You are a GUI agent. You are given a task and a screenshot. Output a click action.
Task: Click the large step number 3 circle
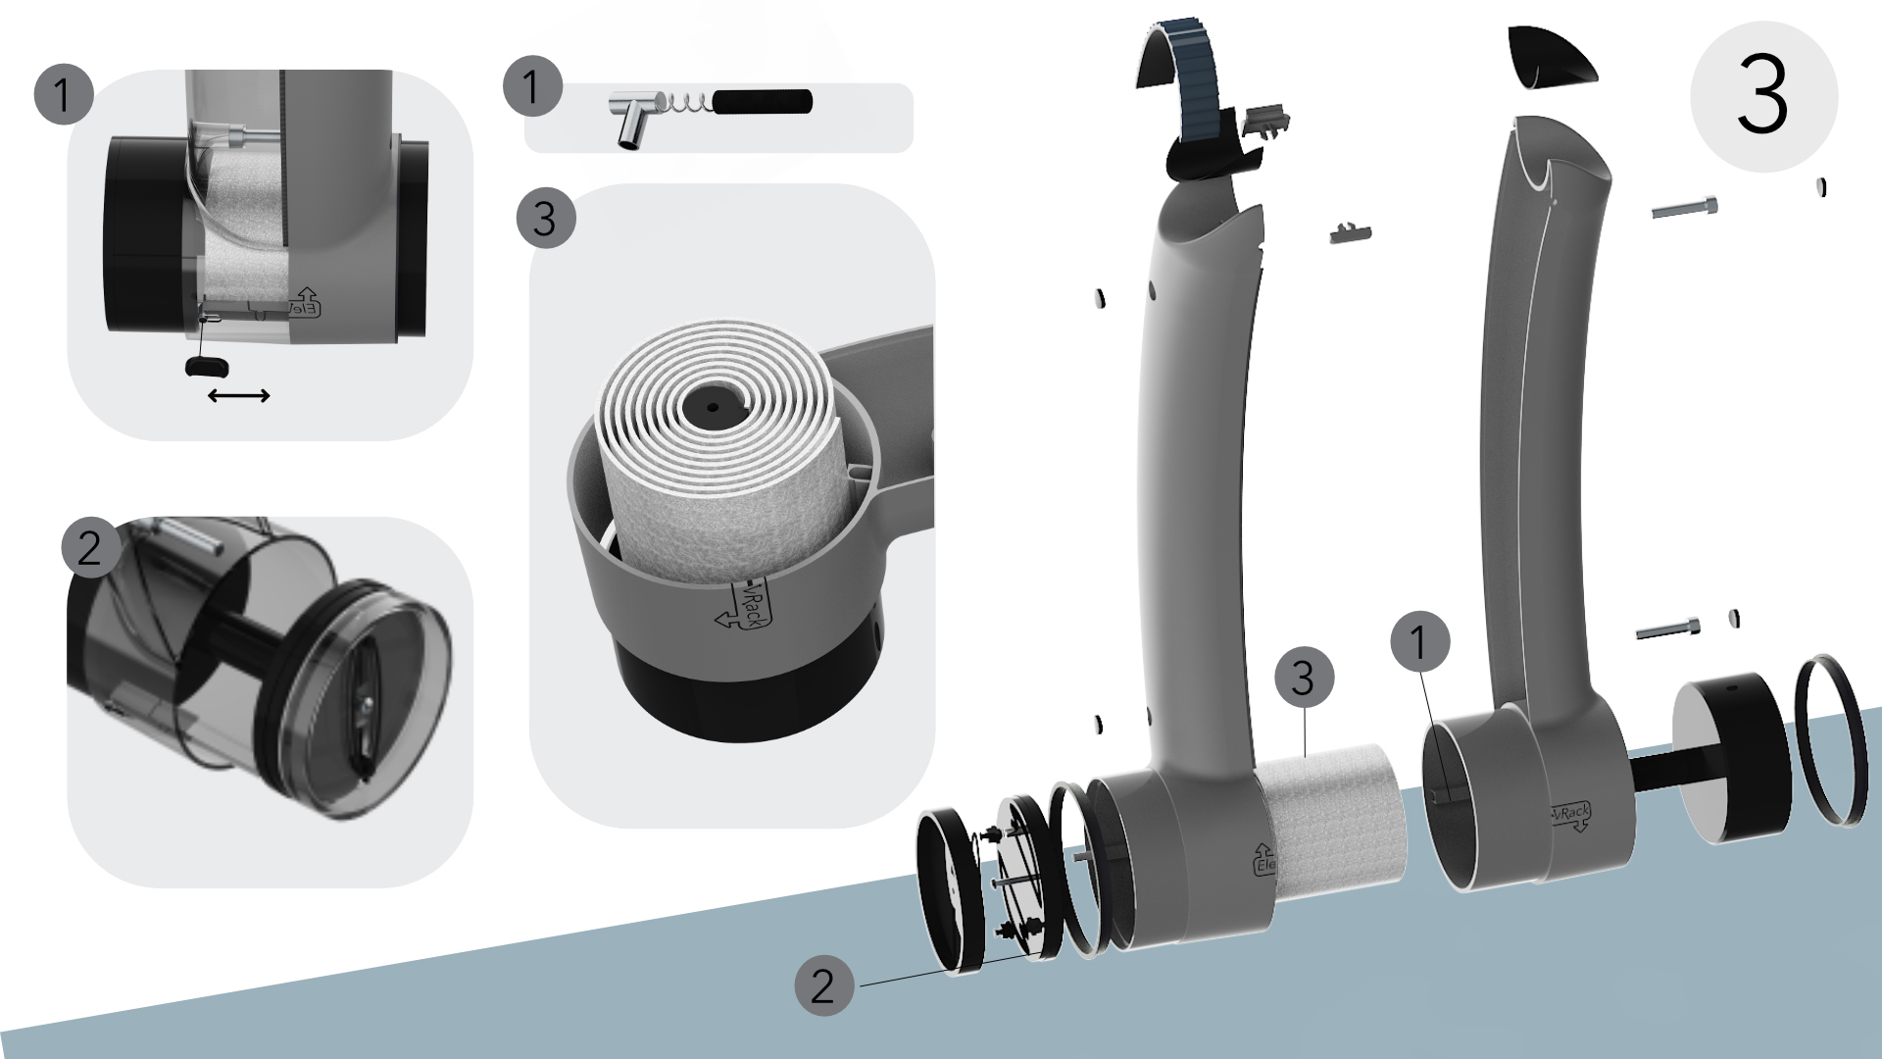[1763, 96]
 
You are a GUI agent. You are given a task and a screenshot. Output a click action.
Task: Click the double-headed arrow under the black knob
[239, 395]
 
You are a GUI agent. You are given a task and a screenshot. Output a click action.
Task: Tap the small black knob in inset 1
[206, 366]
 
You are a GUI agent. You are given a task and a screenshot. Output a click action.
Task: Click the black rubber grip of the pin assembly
[763, 101]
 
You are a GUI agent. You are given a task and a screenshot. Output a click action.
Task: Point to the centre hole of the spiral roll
[713, 406]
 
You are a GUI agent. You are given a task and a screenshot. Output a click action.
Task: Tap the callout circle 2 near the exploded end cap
[823, 984]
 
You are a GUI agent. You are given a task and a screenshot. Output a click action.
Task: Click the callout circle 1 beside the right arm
[1419, 642]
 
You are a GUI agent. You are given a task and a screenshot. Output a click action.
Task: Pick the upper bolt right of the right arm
[1685, 208]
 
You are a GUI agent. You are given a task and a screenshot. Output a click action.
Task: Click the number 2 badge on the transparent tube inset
[90, 547]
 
